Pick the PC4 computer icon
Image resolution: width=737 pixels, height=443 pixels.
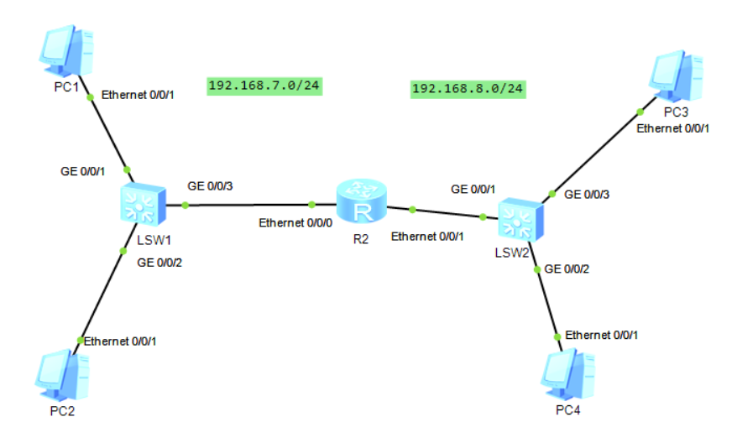point(568,375)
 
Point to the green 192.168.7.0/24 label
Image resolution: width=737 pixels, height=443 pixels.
point(265,86)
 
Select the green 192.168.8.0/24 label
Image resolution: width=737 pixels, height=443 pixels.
point(468,88)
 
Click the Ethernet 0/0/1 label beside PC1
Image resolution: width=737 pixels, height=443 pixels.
point(139,95)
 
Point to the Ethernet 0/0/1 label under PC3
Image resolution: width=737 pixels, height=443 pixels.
point(673,128)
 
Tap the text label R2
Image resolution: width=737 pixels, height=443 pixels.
point(362,237)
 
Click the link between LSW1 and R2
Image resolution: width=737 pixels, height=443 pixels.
point(248,204)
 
